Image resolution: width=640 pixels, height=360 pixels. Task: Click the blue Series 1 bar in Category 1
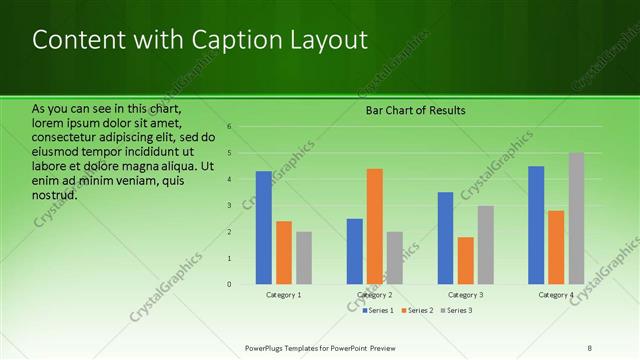(264, 228)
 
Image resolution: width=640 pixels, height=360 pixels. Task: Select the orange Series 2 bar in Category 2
(375, 226)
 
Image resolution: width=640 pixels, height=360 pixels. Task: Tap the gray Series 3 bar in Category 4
(576, 218)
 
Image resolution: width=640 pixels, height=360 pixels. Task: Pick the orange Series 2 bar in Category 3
(466, 261)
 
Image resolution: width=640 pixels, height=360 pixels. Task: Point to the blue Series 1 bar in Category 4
(536, 225)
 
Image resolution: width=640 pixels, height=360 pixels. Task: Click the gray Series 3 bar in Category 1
(304, 258)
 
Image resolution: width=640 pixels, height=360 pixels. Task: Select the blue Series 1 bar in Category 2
(355, 251)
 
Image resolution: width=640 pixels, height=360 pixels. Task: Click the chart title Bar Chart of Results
(415, 110)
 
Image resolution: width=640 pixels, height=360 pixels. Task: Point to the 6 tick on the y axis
(229, 127)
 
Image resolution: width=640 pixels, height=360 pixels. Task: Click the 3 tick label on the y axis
(229, 206)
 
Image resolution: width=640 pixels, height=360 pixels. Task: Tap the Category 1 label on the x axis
(284, 295)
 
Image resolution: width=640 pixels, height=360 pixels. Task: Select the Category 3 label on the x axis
(466, 295)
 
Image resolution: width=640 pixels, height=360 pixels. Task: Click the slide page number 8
(590, 348)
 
